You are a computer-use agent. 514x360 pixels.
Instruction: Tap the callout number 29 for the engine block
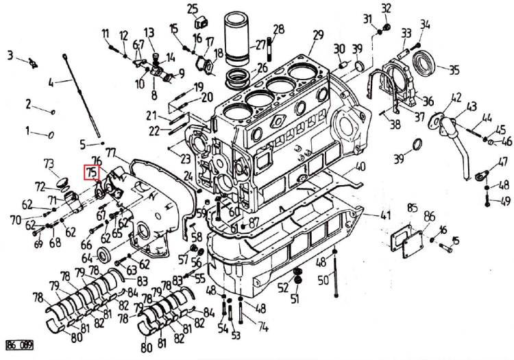click(x=317, y=35)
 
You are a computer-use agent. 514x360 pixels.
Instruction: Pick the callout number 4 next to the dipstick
click(x=50, y=84)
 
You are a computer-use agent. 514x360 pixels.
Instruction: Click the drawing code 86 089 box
click(x=19, y=346)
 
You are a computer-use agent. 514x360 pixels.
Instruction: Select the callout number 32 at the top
click(x=387, y=8)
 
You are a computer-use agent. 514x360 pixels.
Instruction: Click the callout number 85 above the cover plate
click(x=412, y=208)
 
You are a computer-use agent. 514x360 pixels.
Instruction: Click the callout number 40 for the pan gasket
click(x=360, y=167)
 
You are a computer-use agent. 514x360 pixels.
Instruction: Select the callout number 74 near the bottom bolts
click(x=261, y=328)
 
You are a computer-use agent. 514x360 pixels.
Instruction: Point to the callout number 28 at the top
click(x=278, y=29)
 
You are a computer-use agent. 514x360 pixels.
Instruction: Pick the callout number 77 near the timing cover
click(x=110, y=152)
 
